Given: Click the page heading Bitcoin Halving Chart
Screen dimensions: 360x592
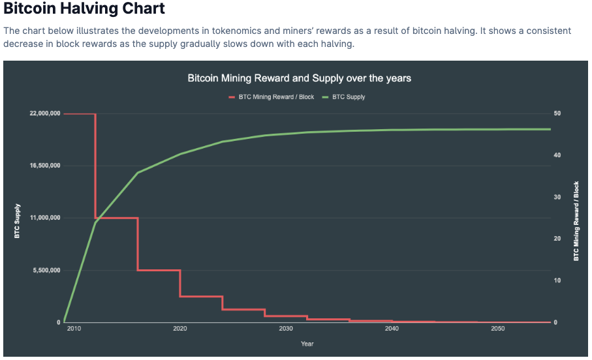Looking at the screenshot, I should point(84,9).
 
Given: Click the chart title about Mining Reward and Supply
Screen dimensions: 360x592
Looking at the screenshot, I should point(299,78).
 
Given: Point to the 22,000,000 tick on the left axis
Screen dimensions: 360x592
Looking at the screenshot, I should point(45,113).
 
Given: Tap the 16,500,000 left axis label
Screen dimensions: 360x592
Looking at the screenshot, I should point(45,166).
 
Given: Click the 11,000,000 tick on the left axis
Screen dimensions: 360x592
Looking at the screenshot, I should point(45,218).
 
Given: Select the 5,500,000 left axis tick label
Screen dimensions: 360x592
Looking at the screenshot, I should point(47,270).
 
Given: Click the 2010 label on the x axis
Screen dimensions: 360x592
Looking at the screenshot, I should point(74,329).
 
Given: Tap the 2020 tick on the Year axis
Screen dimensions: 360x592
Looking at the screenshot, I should point(179,329).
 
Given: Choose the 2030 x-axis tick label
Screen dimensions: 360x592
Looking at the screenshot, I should point(285,329).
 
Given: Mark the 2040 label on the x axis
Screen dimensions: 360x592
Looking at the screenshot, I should point(392,329).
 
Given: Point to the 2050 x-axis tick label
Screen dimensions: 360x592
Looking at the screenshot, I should point(497,329).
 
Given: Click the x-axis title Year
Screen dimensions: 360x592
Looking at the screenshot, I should point(307,344).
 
